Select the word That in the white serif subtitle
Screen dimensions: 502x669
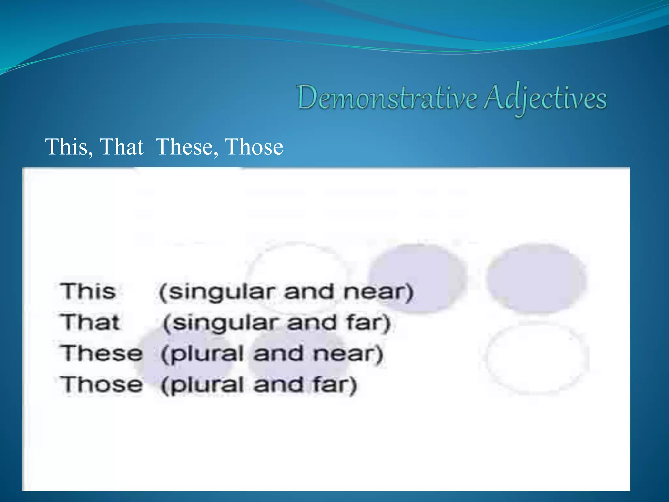point(122,147)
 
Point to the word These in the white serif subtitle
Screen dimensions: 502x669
point(187,147)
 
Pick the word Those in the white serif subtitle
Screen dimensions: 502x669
point(254,147)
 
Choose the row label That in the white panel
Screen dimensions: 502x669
point(90,322)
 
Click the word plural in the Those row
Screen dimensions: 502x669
point(207,385)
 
